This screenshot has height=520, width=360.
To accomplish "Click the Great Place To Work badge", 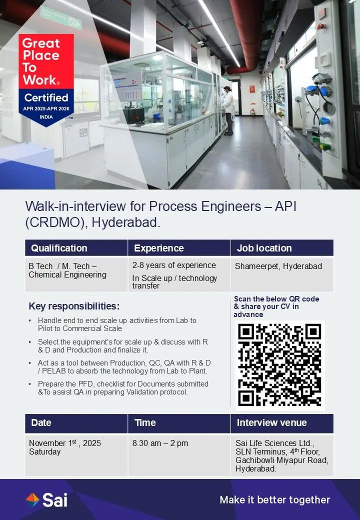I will (x=48, y=79).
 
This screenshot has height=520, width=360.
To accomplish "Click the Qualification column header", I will (x=59, y=248).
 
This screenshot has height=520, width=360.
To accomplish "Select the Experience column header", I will (x=159, y=248).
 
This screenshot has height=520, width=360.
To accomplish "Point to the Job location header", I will (x=264, y=248).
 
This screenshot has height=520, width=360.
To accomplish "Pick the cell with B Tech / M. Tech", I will (x=67, y=270).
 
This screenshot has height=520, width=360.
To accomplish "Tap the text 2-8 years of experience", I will (x=174, y=265).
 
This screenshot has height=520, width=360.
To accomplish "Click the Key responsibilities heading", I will (x=74, y=306).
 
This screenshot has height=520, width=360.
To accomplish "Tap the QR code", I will (x=280, y=365).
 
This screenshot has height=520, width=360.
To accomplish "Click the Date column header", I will (x=41, y=423).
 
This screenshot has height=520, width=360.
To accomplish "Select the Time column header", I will (x=145, y=423).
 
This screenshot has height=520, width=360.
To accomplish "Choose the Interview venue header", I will (x=271, y=423).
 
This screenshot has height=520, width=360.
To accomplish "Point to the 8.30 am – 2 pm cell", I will (x=160, y=443).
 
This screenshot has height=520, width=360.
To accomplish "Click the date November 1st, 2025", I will (x=65, y=443).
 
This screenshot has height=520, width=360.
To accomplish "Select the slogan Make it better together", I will (x=275, y=499).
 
